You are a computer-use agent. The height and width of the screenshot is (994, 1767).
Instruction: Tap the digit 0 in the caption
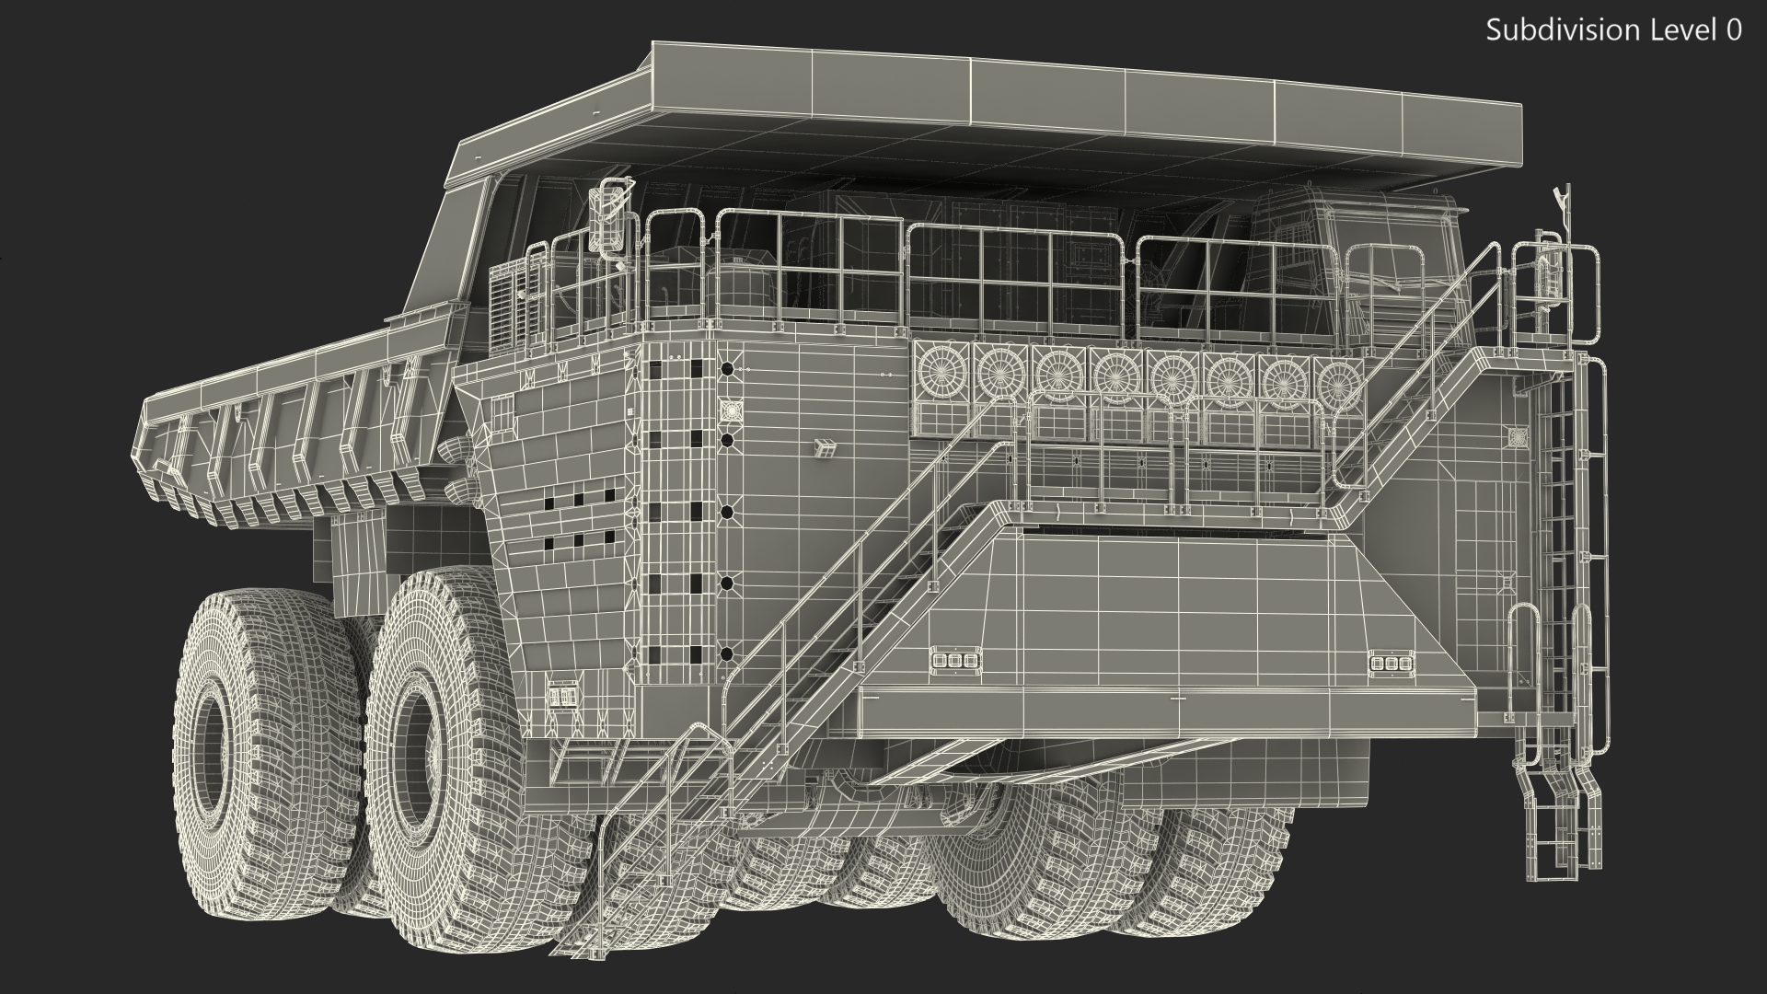[1734, 30]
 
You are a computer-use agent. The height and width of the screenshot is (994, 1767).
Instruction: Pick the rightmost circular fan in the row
[1340, 379]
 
